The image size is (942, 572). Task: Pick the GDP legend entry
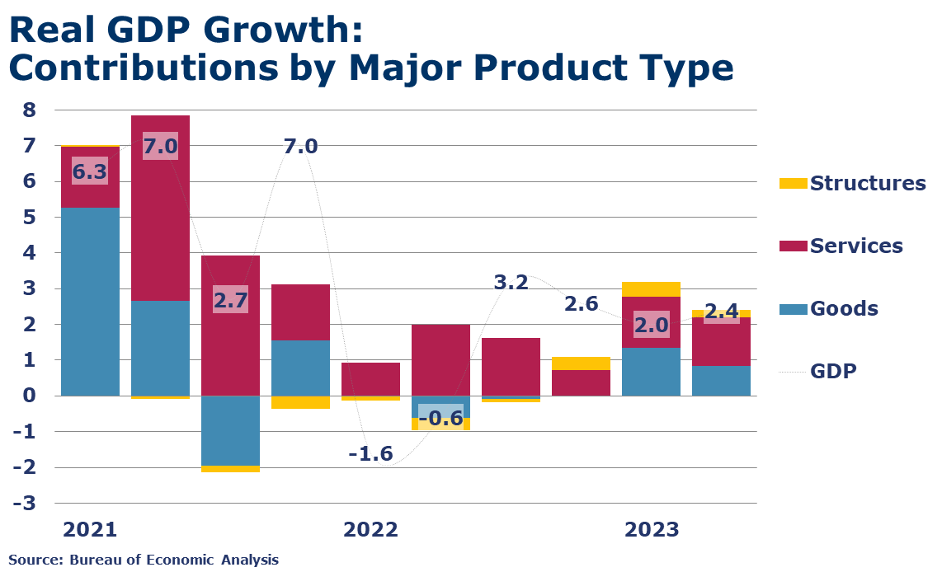pyautogui.click(x=832, y=371)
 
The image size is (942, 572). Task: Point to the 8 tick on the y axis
pyautogui.click(x=28, y=110)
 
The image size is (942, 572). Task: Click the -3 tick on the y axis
pyautogui.click(x=25, y=503)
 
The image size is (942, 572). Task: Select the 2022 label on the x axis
pyautogui.click(x=370, y=529)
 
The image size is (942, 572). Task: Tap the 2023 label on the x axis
pyautogui.click(x=651, y=529)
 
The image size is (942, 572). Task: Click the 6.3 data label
pyautogui.click(x=90, y=171)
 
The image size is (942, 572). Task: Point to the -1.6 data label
pyautogui.click(x=370, y=453)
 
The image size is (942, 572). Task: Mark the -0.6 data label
pyautogui.click(x=440, y=418)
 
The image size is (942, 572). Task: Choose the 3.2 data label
pyautogui.click(x=511, y=283)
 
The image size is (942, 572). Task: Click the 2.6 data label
pyautogui.click(x=581, y=304)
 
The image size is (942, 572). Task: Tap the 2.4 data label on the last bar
pyautogui.click(x=721, y=313)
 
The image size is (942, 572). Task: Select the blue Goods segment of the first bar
pyautogui.click(x=90, y=302)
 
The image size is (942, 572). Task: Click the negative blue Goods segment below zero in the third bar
pyautogui.click(x=230, y=430)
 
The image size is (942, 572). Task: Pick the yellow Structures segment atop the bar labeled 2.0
pyautogui.click(x=651, y=289)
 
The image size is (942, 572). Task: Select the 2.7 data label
pyautogui.click(x=230, y=300)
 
